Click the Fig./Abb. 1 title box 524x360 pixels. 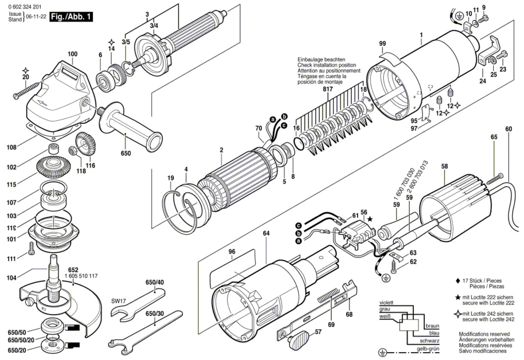point(71,16)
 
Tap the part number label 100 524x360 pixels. point(72,54)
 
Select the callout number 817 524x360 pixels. point(327,89)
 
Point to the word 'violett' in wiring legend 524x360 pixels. point(386,303)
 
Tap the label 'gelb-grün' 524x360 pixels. point(428,349)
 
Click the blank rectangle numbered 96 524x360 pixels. point(233,267)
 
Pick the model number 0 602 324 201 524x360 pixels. point(23,7)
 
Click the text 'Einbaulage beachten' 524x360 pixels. point(321,60)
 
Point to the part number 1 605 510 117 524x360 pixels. point(81,276)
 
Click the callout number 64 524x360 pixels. point(266,233)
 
